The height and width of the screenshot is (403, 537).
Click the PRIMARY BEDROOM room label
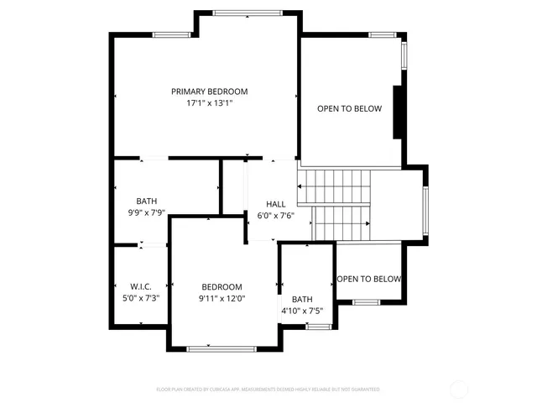click(x=209, y=92)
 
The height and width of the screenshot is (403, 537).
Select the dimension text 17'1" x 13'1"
click(x=209, y=104)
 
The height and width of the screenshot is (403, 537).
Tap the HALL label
click(x=275, y=204)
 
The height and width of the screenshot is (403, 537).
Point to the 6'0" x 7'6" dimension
click(x=275, y=216)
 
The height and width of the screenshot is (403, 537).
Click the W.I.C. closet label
click(x=140, y=286)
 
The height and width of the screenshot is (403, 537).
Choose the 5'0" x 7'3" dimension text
click(x=140, y=298)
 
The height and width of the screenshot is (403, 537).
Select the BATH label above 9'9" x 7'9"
click(x=147, y=201)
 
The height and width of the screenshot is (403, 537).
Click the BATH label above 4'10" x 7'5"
click(x=301, y=299)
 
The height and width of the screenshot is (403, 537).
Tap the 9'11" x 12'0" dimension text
click(x=222, y=298)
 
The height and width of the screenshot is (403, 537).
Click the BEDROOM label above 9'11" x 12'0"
click(x=222, y=286)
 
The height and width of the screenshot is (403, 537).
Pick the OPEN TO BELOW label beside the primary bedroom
click(x=349, y=109)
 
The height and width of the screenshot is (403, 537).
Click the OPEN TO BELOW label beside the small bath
click(x=369, y=280)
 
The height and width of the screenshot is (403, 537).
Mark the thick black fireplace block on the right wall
click(x=399, y=112)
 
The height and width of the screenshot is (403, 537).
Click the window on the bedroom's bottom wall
click(x=221, y=348)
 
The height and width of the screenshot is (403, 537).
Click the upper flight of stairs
click(x=335, y=185)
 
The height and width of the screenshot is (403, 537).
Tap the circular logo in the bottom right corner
click(x=459, y=389)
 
